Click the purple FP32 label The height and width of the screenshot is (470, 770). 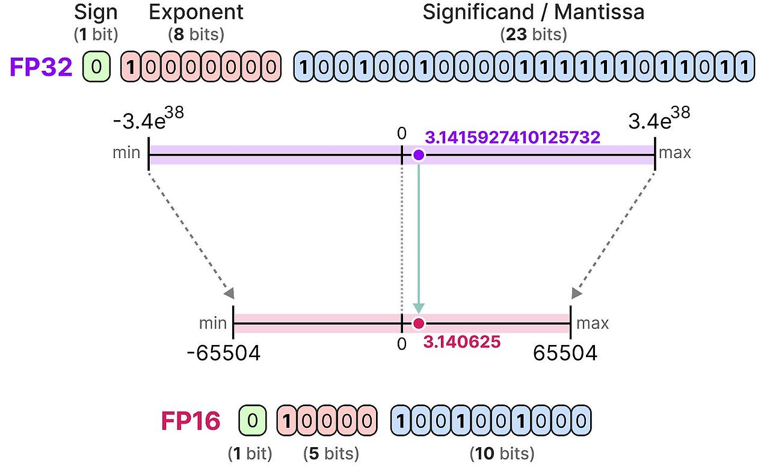[41, 67]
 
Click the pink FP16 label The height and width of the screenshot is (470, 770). [190, 421]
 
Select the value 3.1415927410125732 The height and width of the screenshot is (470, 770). [513, 138]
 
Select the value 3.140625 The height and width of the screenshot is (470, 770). [462, 342]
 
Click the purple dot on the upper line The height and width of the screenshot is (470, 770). [419, 155]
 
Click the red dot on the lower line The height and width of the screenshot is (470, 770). [419, 324]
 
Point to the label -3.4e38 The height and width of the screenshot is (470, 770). [147, 121]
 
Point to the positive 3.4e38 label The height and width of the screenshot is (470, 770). [659, 121]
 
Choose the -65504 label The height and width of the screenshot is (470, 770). [223, 353]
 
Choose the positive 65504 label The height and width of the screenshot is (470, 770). [565, 353]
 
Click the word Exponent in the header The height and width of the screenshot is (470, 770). [196, 13]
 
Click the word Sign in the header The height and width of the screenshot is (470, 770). [96, 13]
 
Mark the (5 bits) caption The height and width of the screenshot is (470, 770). [331, 453]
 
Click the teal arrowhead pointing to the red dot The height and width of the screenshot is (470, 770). [419, 308]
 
